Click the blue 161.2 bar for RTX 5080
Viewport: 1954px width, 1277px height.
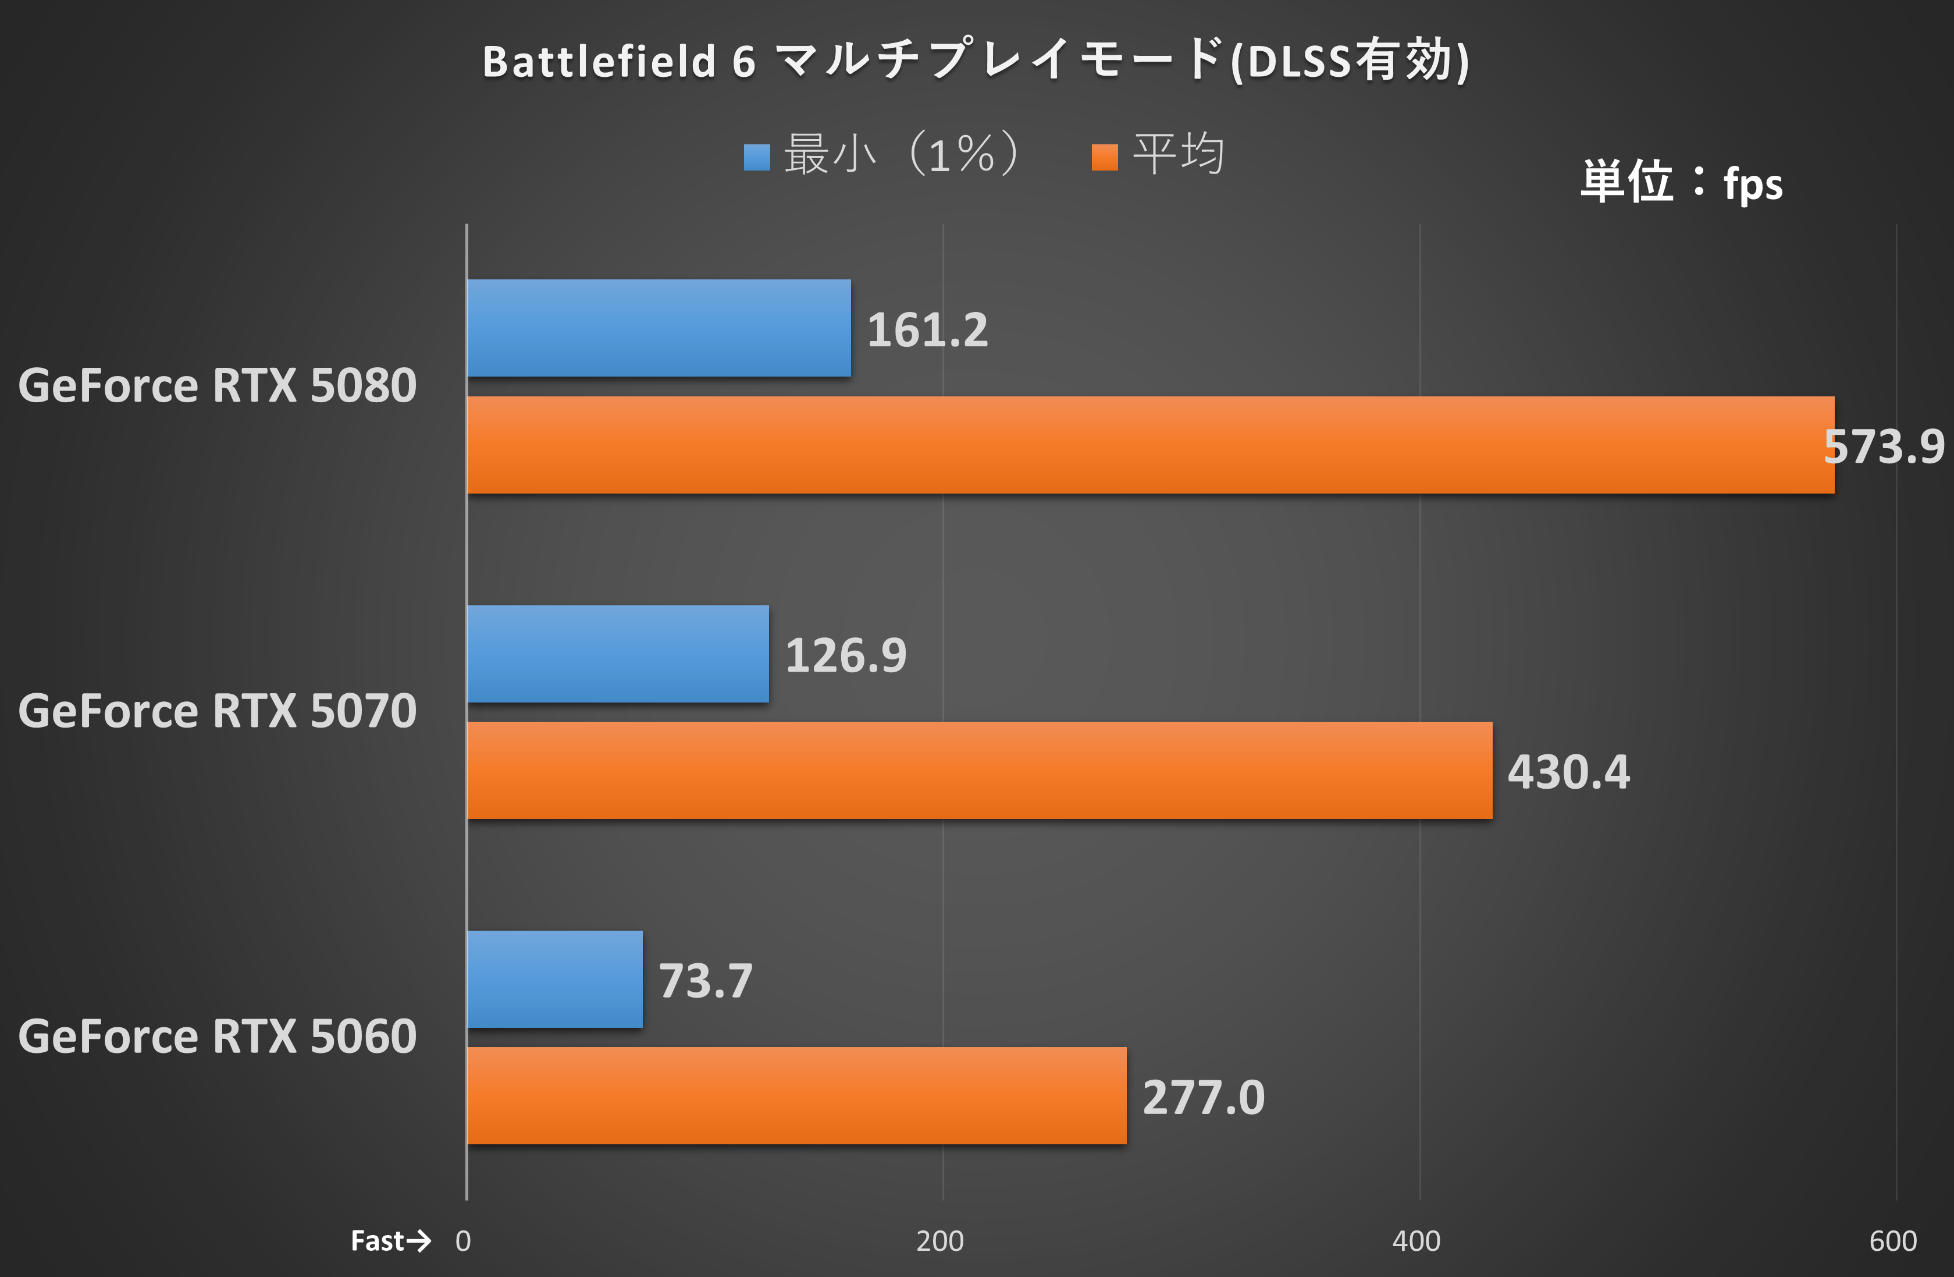659,328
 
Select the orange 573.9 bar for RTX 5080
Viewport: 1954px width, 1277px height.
1149,445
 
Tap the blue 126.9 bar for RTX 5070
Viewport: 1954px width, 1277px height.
617,654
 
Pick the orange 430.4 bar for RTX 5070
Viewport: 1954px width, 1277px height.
978,770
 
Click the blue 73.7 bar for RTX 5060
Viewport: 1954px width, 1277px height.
554,979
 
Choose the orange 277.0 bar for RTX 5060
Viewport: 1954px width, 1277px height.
796,1095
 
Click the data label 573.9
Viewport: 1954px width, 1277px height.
1884,447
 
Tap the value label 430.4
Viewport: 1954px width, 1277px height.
1568,772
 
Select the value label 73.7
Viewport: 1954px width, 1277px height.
705,981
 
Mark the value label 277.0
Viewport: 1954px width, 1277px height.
1203,1097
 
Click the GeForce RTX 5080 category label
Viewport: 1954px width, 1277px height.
218,385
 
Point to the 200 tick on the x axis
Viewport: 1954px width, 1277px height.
939,1240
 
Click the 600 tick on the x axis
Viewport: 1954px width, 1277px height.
1892,1240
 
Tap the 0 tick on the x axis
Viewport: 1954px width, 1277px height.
463,1240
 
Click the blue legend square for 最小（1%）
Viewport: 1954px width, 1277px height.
756,157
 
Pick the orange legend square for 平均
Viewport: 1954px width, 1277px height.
1104,157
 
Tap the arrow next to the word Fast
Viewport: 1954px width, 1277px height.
419,1240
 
